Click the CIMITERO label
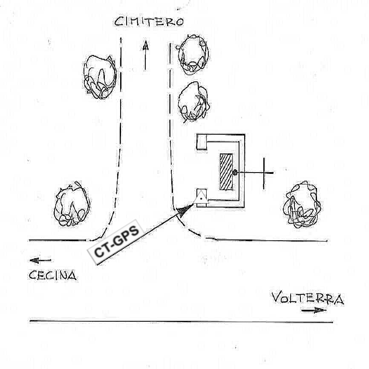pos(149,22)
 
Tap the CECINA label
pos(53,276)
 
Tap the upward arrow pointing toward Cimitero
pos(145,55)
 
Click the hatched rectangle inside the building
pos(226,172)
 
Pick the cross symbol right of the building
pos(264,173)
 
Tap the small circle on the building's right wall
pos(235,172)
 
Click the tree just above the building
pos(193,101)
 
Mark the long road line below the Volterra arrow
pos(181,321)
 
